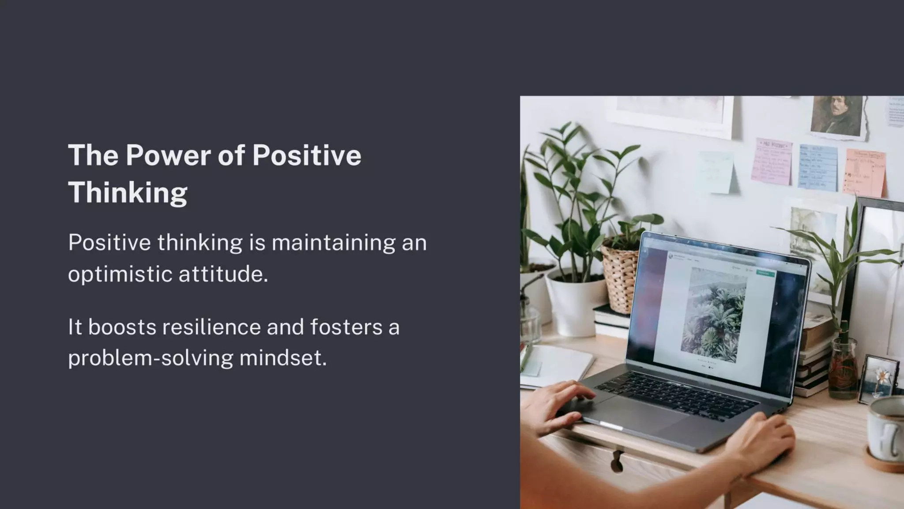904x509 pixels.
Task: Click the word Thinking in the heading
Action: [128, 193]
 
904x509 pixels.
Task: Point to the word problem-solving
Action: [150, 358]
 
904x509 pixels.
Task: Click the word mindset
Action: [282, 358]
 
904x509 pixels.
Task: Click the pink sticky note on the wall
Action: [772, 162]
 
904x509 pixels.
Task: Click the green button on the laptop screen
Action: [765, 273]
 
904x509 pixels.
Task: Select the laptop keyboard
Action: [675, 395]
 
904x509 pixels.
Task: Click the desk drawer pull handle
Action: [618, 460]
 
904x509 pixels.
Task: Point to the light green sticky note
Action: [715, 172]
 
